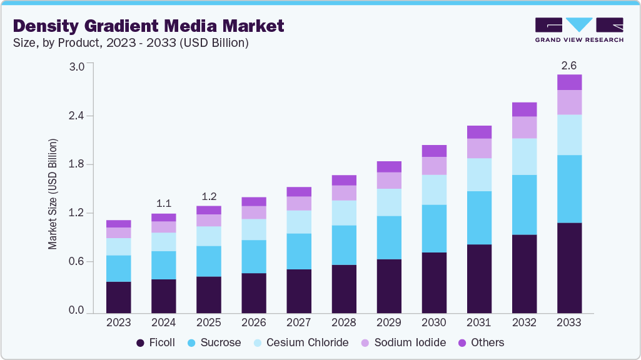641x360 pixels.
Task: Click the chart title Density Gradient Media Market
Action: click(148, 26)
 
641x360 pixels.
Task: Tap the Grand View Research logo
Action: click(578, 30)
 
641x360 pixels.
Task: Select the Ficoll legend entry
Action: click(156, 342)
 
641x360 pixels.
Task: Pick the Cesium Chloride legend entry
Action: click(300, 342)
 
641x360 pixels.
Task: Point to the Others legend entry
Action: click(482, 342)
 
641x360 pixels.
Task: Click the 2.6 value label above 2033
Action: click(569, 64)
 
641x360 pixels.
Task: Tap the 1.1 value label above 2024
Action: click(163, 203)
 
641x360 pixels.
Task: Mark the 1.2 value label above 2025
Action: click(208, 196)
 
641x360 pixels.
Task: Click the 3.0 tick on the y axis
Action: click(76, 67)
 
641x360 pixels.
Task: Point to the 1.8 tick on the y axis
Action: click(76, 164)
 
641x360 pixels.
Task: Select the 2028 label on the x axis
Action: click(343, 323)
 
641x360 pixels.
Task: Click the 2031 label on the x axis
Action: click(478, 323)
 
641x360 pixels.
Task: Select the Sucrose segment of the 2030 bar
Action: click(434, 228)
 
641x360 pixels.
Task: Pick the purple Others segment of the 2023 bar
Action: click(118, 224)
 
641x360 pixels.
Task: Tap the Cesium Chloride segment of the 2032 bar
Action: click(524, 156)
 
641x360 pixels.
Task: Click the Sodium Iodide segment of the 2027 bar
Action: click(298, 203)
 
